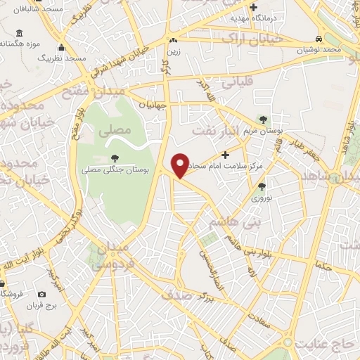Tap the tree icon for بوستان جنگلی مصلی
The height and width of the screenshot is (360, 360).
pos(113,158)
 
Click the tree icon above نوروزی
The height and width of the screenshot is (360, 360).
pos(262,186)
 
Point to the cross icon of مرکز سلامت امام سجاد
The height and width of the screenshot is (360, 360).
pos(225,154)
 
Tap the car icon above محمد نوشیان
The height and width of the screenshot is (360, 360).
pos(319,38)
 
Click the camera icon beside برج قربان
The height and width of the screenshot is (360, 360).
pos(41,294)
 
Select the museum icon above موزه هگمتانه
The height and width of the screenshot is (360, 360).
pos(18,33)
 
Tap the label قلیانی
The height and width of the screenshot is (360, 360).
pos(237,82)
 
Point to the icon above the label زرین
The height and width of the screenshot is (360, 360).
pos(173,40)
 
